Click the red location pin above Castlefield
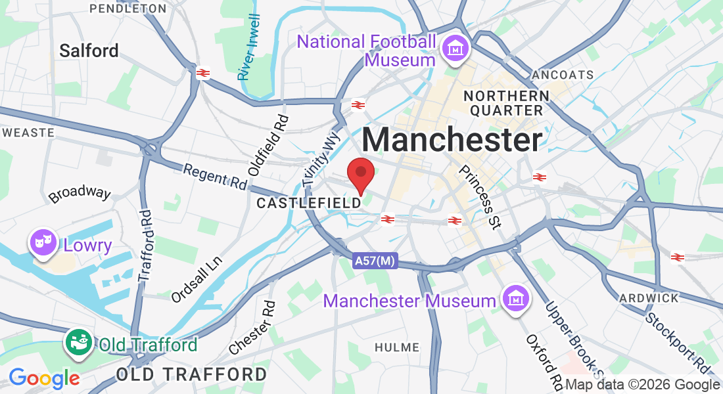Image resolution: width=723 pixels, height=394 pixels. point(361,173)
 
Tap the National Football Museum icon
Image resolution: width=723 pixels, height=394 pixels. point(454,49)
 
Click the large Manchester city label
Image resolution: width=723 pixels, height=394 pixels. point(452,140)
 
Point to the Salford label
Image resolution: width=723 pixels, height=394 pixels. point(89,51)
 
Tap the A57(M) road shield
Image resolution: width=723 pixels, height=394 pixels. point(375,261)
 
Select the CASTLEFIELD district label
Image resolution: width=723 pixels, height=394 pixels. point(309,203)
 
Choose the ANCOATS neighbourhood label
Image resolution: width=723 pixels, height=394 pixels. point(563,75)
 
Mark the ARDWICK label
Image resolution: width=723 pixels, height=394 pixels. point(649,298)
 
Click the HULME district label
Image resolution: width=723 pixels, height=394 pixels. point(396,347)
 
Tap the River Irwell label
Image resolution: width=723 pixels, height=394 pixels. point(249,47)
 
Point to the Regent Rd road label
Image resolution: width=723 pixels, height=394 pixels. point(214,175)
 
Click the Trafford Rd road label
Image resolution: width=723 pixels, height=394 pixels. point(145,246)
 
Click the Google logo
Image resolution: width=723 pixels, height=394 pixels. point(44,378)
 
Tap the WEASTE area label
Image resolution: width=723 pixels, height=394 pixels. point(28,132)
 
